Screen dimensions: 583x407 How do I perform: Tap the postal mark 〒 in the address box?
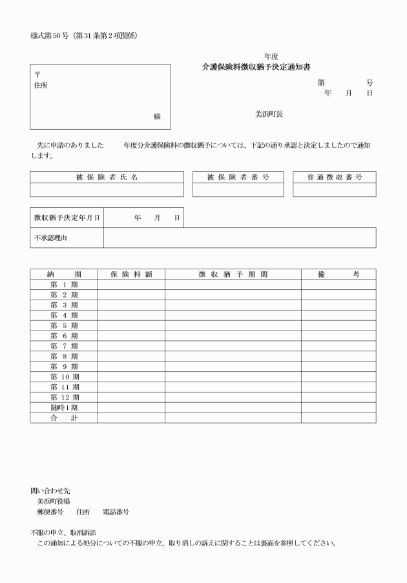point(36,75)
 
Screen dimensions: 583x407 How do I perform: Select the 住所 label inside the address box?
point(40,85)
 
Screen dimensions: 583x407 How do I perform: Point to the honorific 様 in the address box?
point(157,116)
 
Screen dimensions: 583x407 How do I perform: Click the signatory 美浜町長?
point(269,114)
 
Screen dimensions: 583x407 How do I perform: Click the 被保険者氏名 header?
point(107,177)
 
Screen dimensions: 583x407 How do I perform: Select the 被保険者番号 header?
point(238,177)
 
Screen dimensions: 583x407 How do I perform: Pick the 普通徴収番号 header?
point(334,177)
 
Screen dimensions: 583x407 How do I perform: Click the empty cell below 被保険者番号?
point(238,190)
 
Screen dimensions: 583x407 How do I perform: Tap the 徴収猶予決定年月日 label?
point(67,218)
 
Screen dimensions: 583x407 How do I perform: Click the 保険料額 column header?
point(131,274)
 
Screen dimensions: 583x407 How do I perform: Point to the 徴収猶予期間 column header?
point(233,274)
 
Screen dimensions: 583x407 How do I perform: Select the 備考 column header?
point(338,274)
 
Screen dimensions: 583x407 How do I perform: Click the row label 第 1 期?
point(64,285)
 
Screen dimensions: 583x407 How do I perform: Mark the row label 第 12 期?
point(64,397)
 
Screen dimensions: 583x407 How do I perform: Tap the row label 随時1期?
point(64,407)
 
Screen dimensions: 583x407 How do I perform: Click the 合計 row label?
point(64,418)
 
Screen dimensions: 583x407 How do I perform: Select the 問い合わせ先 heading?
point(47,491)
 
